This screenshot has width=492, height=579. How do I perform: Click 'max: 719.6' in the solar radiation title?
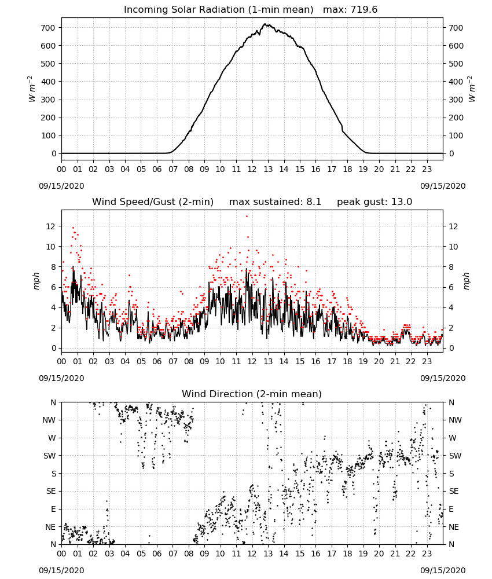pos(350,9)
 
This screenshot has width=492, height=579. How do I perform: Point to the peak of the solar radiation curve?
pos(265,24)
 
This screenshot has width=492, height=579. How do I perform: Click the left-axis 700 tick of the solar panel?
pos(49,28)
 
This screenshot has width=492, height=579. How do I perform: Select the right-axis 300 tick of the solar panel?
pos(456,100)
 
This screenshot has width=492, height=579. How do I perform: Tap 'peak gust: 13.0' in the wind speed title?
pos(374,201)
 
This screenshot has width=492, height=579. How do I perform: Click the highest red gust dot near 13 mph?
pos(247,217)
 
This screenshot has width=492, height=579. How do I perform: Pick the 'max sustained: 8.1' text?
pos(275,201)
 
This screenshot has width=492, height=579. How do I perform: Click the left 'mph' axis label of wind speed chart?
pos(36,281)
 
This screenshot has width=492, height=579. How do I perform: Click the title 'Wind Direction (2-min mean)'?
pos(252,394)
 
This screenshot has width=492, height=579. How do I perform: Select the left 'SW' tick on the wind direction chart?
pos(49,456)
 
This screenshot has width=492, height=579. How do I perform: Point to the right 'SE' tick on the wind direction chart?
pos(454,491)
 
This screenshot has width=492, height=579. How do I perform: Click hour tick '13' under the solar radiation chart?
pos(268,169)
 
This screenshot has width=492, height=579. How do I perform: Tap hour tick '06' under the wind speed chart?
pos(157,361)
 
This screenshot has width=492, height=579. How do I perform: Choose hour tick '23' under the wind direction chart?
pos(427,554)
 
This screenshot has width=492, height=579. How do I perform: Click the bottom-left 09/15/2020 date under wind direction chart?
pos(61,570)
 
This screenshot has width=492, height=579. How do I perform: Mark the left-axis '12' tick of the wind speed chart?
pos(51,226)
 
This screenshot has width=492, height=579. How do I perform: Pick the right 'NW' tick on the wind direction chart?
pos(455,420)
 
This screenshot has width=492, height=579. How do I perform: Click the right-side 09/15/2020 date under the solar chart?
pos(443,186)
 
